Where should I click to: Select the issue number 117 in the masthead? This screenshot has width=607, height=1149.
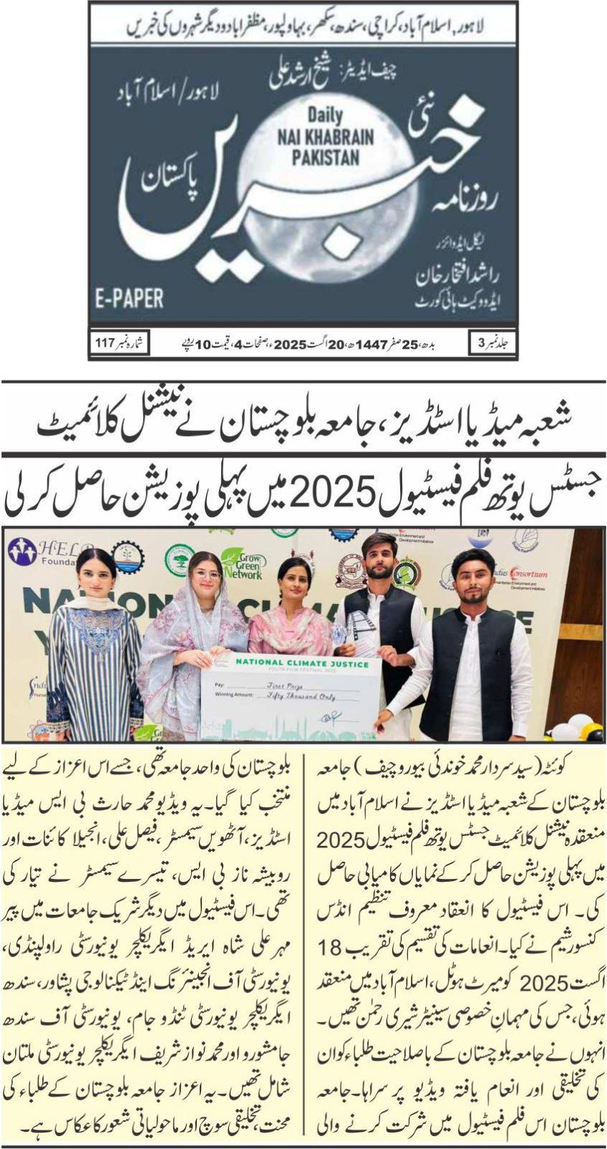pyautogui.click(x=106, y=343)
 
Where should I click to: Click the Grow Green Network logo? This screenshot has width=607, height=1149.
pyautogui.click(x=241, y=563)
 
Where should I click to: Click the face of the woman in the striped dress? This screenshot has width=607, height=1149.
pyautogui.click(x=94, y=572)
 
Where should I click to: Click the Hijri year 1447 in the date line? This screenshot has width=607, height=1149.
pyautogui.click(x=379, y=343)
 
